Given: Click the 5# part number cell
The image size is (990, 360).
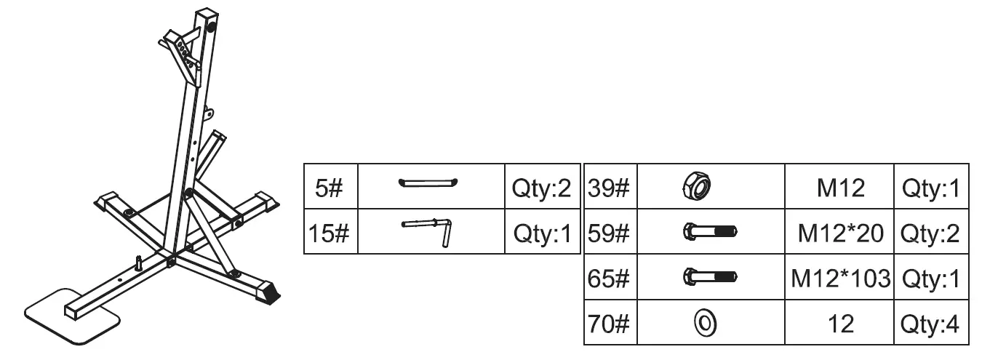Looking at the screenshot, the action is [x=331, y=190].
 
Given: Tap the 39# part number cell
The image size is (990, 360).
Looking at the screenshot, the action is [x=610, y=189].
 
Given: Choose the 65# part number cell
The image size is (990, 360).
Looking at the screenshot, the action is [x=610, y=279].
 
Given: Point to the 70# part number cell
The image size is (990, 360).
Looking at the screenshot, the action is [x=610, y=323].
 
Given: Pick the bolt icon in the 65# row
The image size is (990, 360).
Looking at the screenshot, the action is [x=709, y=277].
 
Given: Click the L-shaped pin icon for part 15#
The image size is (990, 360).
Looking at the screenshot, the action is [x=428, y=230].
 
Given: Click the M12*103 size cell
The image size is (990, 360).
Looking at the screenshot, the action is [x=841, y=279].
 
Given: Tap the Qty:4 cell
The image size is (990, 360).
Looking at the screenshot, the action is [x=931, y=323].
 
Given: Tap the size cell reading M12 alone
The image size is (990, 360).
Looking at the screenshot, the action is [x=841, y=189].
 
